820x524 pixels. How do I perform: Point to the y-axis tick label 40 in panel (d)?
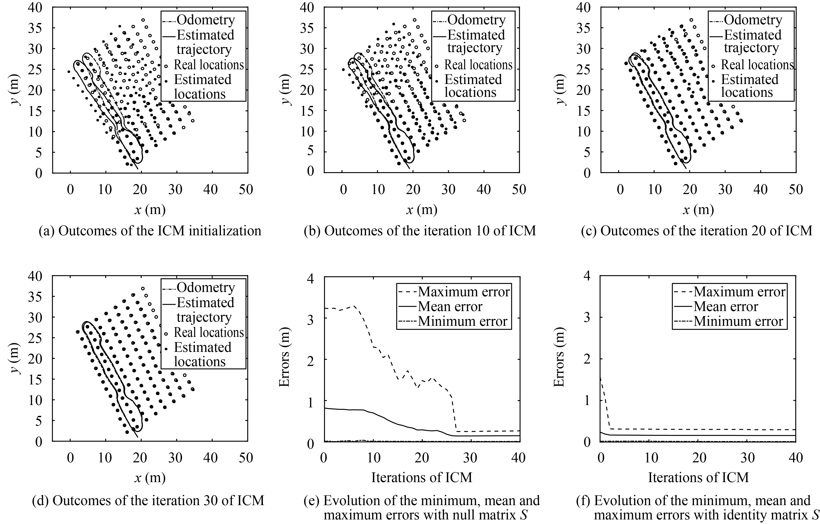[35, 276]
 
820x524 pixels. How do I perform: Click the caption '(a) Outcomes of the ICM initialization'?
[150, 231]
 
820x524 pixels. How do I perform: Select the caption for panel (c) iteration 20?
[696, 231]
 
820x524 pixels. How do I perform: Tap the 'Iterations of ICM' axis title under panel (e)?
[421, 477]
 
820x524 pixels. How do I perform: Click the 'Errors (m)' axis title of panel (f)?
[559, 357]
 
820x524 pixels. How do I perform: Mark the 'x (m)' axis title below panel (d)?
[150, 478]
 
